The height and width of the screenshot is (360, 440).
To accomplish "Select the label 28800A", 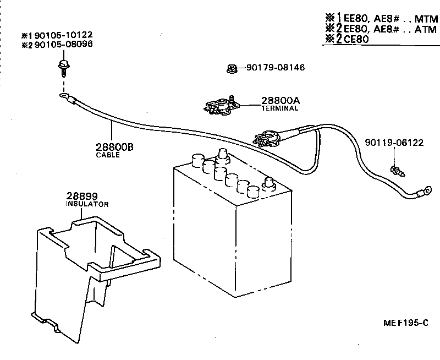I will (280, 101).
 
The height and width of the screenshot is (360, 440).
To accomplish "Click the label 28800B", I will (114, 148).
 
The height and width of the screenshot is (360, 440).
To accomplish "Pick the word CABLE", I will (108, 155).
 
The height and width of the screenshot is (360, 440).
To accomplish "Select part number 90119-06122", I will (394, 143).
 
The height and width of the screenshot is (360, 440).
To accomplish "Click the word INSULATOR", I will (87, 204).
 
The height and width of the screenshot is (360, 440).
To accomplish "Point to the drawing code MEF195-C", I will (406, 324).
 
